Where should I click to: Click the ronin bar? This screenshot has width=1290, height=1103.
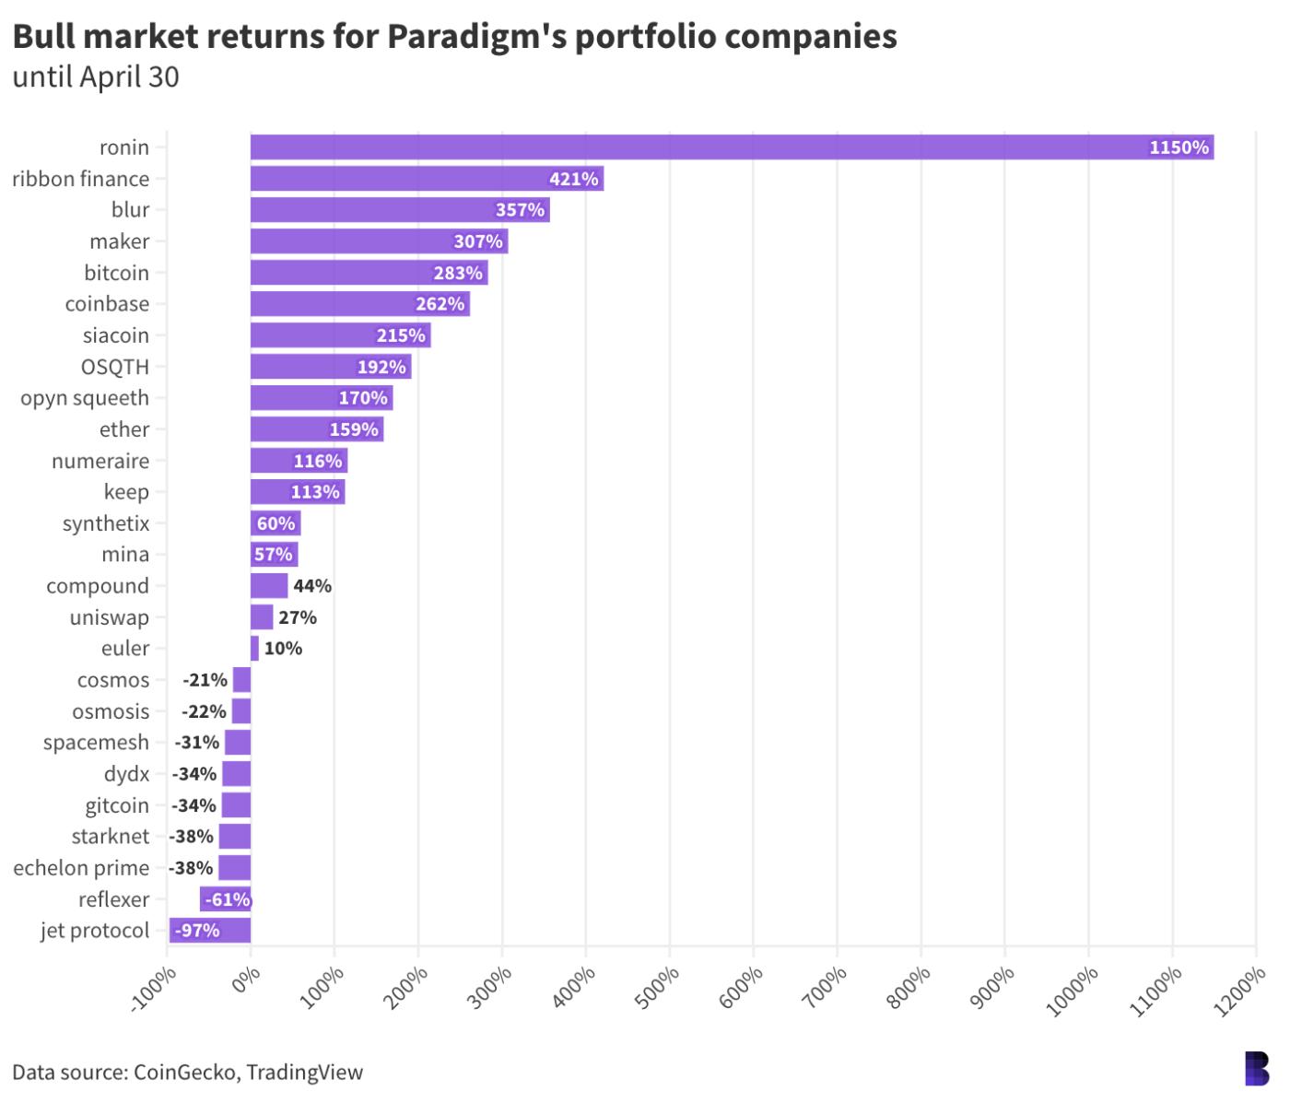(x=732, y=147)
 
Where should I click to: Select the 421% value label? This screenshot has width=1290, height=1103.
(x=574, y=179)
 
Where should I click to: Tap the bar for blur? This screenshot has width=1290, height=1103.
(x=400, y=210)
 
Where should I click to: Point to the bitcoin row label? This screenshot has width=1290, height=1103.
(x=116, y=273)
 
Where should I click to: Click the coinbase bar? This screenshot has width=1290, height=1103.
(x=359, y=304)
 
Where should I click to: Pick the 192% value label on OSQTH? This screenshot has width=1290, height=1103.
(x=381, y=367)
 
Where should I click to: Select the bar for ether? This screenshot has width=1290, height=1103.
(x=317, y=429)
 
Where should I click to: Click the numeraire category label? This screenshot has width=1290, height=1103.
(x=100, y=461)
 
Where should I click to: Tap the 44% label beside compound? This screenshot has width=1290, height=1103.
(x=312, y=586)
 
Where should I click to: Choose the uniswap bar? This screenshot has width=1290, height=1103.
(x=262, y=617)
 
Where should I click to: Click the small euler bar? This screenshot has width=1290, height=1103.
(x=254, y=649)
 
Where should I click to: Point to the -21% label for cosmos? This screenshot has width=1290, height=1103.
(x=205, y=680)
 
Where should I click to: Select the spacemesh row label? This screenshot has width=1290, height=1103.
(x=96, y=743)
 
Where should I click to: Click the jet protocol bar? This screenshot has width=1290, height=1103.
(x=210, y=931)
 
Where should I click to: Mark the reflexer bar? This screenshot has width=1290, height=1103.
(x=225, y=899)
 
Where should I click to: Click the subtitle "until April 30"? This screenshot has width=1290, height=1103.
(x=96, y=77)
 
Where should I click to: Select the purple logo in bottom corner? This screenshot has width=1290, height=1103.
(x=1256, y=1069)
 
